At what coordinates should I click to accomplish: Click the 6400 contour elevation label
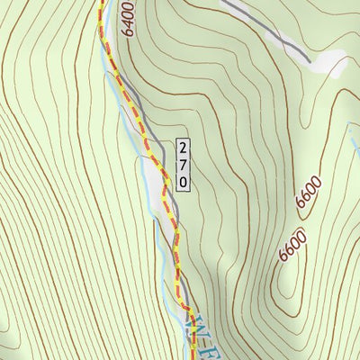(x=128, y=19)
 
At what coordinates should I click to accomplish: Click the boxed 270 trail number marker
(x=184, y=164)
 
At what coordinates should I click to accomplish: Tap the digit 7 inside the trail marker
(x=184, y=164)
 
